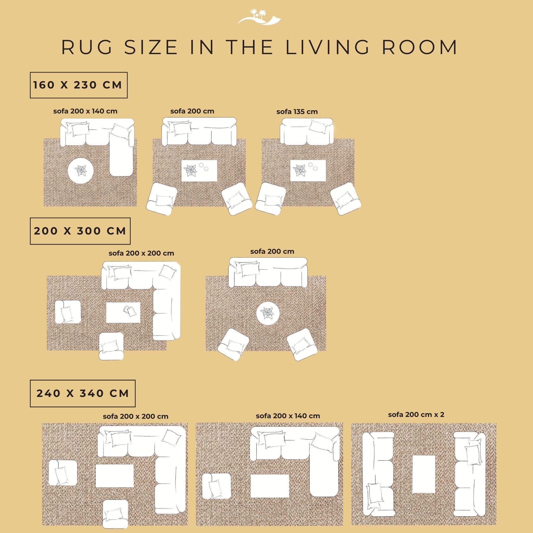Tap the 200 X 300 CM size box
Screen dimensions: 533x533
(80, 231)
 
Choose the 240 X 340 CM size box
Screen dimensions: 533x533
(83, 394)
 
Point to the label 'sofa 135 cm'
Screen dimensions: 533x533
(297, 112)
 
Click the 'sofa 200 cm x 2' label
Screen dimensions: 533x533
(416, 415)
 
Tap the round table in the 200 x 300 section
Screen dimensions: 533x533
(268, 313)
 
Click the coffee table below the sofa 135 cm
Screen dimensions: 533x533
(308, 171)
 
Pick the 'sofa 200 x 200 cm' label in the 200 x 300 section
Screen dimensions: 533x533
(141, 253)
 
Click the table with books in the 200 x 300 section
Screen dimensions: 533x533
(123, 313)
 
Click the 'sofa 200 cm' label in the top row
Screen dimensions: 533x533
(192, 111)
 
